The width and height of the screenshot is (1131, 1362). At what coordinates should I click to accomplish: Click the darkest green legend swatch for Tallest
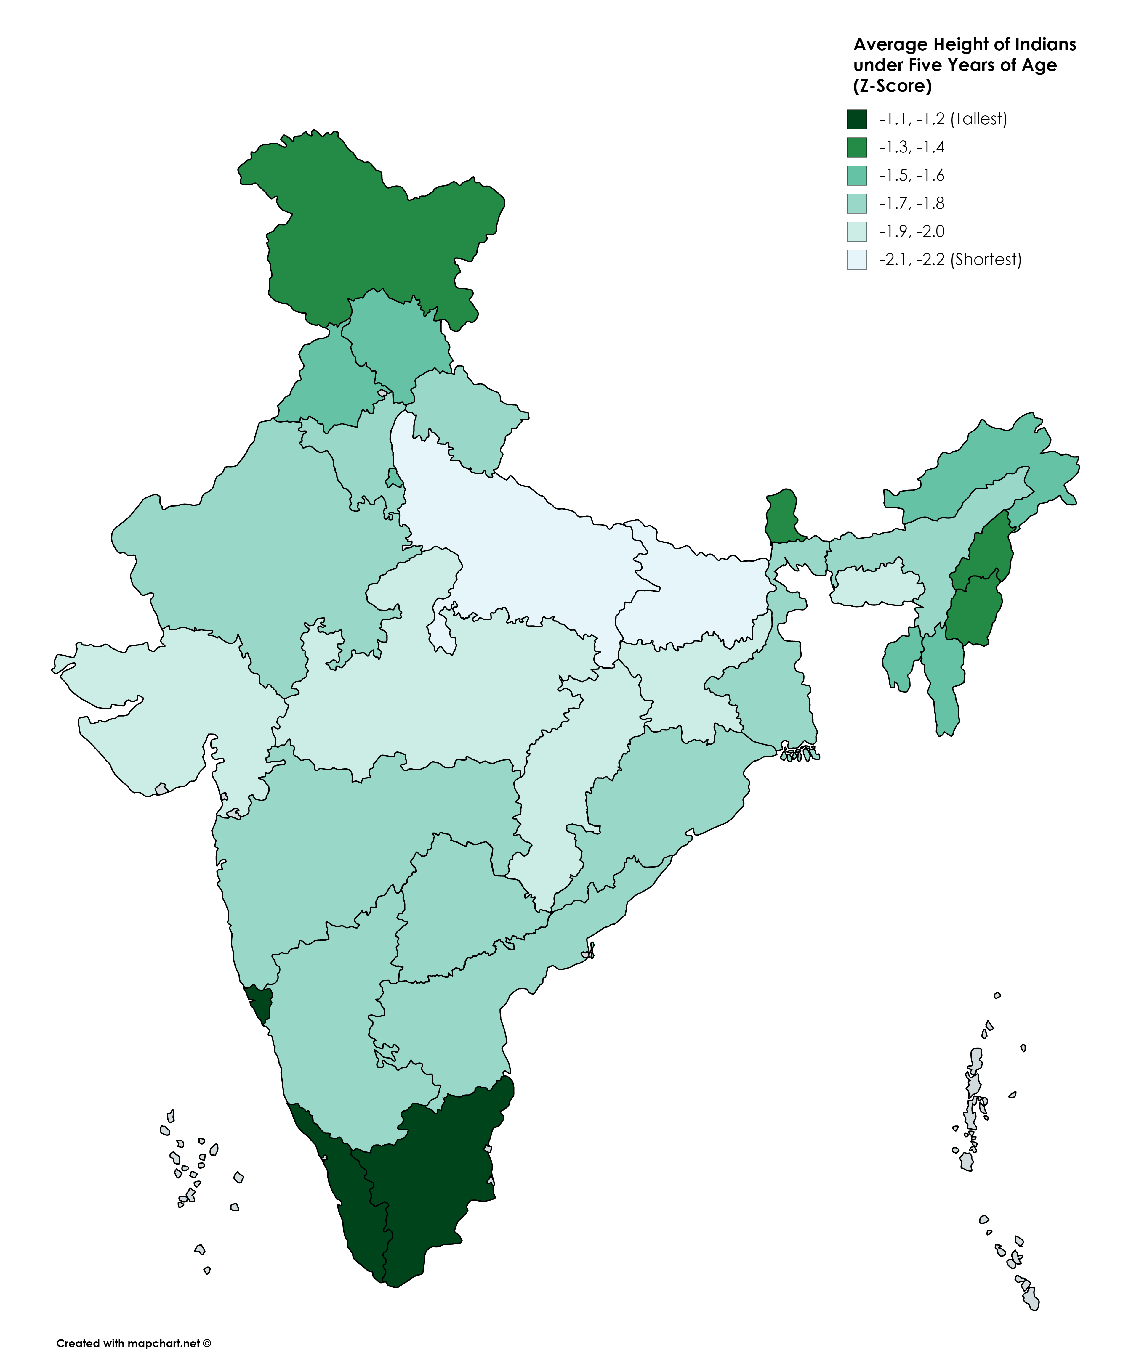tap(856, 119)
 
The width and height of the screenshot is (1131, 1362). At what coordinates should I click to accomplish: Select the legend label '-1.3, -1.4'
tap(912, 147)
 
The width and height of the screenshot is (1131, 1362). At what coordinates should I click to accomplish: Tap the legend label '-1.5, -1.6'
tap(912, 175)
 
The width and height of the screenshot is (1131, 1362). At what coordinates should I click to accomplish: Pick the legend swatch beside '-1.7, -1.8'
tap(856, 204)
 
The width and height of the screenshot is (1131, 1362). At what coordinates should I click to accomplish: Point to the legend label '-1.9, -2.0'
tap(912, 232)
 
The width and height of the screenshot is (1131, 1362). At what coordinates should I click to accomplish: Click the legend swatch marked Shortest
tap(856, 259)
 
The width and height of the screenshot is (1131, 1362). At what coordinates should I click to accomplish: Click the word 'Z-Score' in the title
tap(892, 86)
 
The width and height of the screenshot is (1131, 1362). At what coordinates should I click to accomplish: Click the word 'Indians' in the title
tap(1045, 44)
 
